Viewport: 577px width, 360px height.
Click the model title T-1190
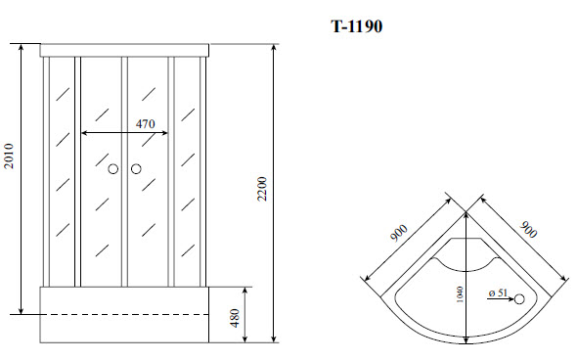tap(355, 26)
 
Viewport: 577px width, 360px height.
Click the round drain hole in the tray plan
tap(519, 299)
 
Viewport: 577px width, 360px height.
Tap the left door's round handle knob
tap(113, 170)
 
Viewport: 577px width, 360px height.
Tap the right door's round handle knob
tap(135, 170)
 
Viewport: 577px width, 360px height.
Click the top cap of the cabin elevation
tap(125, 50)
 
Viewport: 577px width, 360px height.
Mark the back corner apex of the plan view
tap(466, 197)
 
